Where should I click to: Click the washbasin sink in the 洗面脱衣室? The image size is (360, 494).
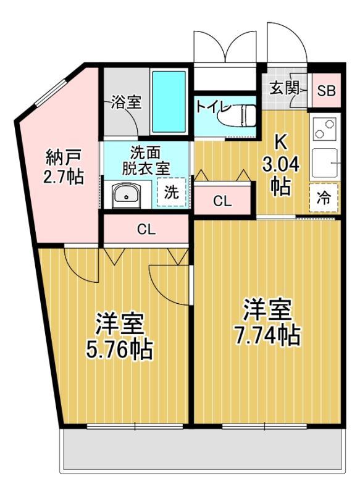(126, 195)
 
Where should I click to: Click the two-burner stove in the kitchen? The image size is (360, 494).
(324, 130)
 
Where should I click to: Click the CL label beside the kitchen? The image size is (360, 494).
(223, 201)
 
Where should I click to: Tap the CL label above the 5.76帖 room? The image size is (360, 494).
(146, 230)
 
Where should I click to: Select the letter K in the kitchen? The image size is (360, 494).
(280, 141)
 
